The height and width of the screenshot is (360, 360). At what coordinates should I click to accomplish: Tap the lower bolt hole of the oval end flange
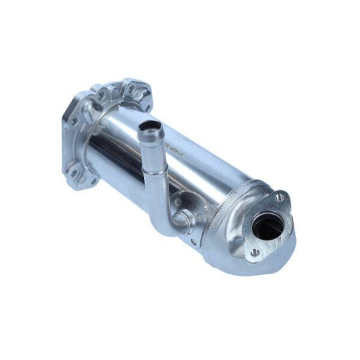point(255,253)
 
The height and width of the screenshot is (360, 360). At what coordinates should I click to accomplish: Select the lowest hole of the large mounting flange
point(92,180)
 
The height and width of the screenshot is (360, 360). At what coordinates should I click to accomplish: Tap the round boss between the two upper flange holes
point(114,94)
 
